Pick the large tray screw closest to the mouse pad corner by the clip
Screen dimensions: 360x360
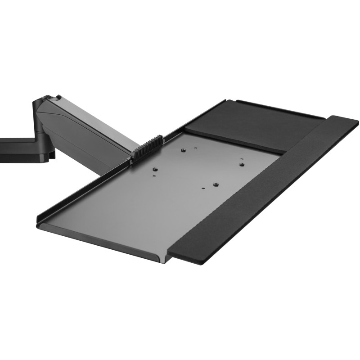[x=183, y=151]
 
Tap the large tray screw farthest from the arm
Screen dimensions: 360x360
[x=242, y=164]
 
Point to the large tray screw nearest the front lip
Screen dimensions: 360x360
[x=216, y=184]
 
